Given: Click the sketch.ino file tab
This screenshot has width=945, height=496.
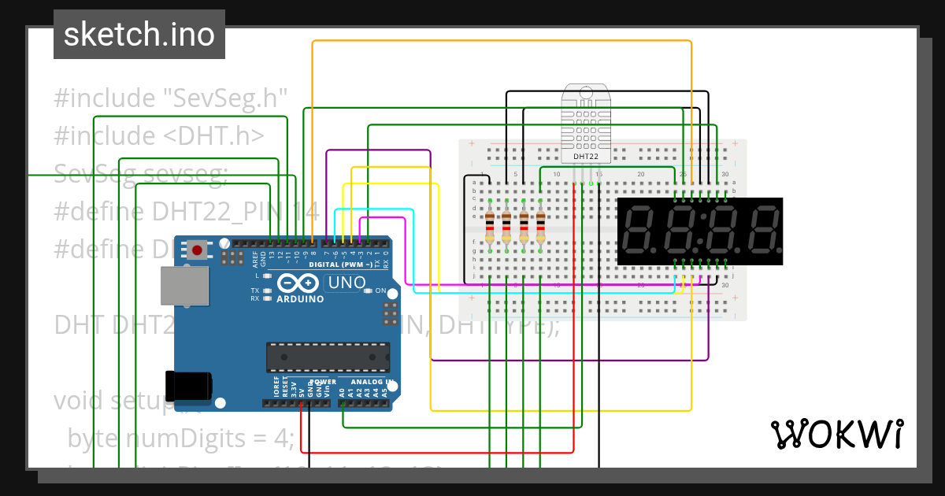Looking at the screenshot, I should (x=139, y=35).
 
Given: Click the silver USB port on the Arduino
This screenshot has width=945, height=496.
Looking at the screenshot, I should (x=185, y=285).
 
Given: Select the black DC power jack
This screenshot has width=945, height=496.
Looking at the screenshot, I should (x=188, y=385).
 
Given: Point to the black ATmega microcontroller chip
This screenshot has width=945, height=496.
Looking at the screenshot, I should (x=327, y=357).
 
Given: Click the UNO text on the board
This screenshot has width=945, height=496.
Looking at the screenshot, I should (x=346, y=283).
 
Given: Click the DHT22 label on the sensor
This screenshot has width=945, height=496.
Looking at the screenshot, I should (x=585, y=157).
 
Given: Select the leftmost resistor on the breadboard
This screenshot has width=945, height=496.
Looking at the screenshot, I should (x=490, y=227).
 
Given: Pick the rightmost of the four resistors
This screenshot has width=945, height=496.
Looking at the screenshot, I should (x=541, y=227).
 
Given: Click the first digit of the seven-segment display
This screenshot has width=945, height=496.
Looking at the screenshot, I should (x=639, y=230).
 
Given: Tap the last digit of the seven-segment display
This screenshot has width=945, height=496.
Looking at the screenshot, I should (x=764, y=230).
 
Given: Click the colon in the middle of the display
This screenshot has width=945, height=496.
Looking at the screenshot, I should (x=701, y=230).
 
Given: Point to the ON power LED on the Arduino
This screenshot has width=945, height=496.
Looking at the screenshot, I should (x=369, y=291).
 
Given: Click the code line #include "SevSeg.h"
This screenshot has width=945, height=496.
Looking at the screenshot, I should (x=170, y=98).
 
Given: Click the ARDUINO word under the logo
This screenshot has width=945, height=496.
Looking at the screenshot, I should (x=300, y=299).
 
